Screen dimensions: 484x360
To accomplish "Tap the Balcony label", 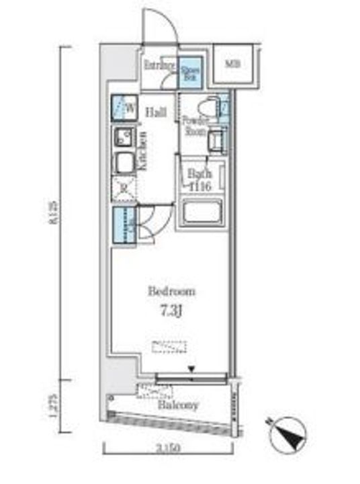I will tap(178, 405).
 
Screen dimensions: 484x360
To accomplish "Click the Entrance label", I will tap(159, 66).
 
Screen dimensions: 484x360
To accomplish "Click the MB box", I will tap(232, 65).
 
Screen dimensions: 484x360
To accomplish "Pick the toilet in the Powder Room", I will tap(208, 107).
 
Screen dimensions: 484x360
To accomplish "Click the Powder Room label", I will tap(195, 126).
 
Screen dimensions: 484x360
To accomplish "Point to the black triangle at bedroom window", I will tap(192, 368).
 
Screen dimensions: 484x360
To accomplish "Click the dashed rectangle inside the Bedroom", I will tap(169, 346).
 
